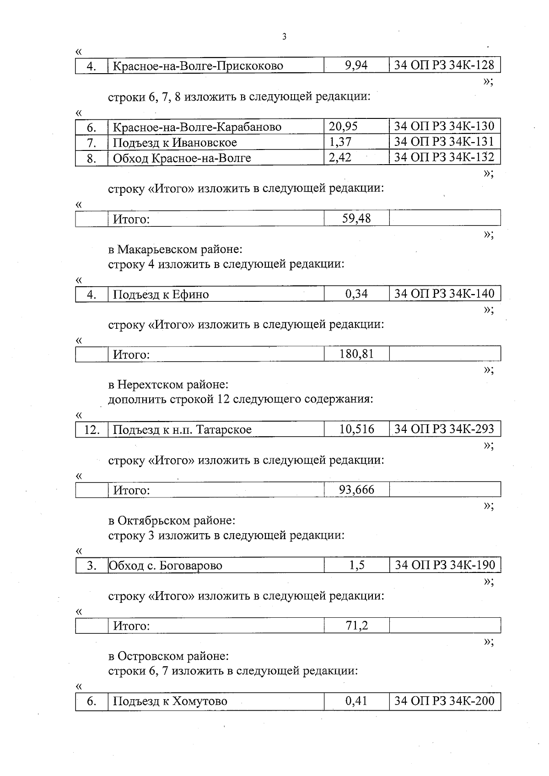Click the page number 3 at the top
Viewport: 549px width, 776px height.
tap(284, 37)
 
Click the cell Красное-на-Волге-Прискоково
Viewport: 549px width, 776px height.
tap(198, 66)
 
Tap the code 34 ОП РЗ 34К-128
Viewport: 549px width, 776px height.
tap(444, 65)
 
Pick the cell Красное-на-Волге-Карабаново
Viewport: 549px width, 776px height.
tap(197, 127)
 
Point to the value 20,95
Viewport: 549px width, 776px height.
tap(343, 126)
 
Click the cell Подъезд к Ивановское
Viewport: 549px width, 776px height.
tap(175, 143)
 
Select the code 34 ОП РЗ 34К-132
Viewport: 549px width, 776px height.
tap(444, 157)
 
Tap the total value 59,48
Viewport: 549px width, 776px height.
tap(356, 218)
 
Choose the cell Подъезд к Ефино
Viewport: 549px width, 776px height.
tap(161, 294)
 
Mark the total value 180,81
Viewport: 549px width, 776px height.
tap(356, 353)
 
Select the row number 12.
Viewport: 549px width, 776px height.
tap(91, 430)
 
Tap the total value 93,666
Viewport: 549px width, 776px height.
tap(356, 490)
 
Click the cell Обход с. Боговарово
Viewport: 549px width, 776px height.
tap(166, 566)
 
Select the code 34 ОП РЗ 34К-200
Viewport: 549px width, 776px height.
tap(445, 701)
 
